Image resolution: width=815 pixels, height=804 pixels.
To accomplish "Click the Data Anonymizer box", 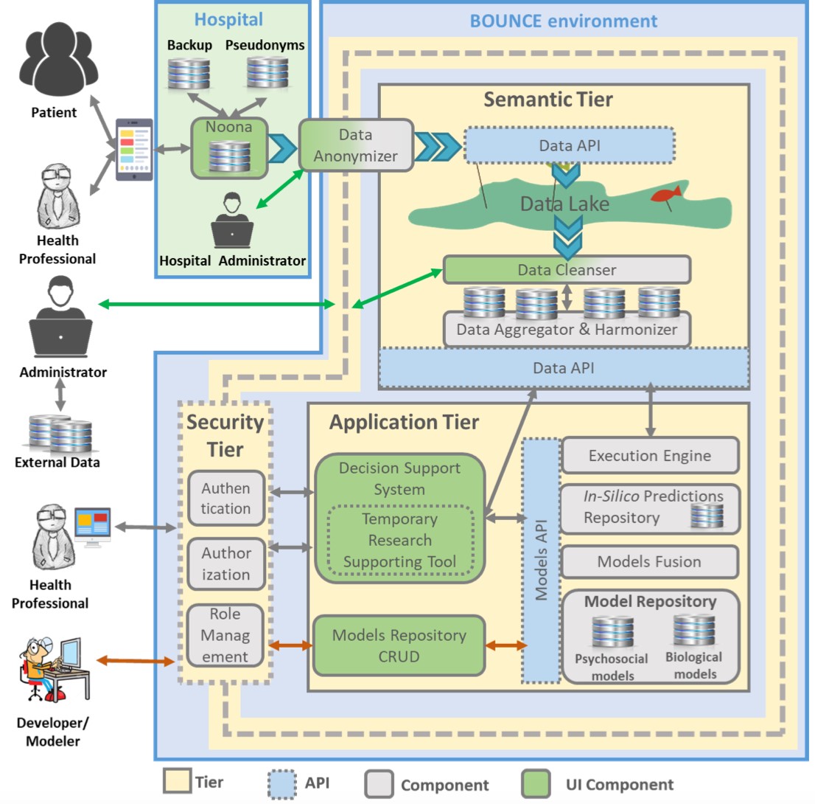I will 356,145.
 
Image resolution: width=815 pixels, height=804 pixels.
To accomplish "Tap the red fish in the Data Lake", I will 666,194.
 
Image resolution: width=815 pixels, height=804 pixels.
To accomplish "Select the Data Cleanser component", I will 566,269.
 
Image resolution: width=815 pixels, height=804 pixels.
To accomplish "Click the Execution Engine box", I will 649,455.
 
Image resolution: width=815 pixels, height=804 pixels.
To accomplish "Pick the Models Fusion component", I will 649,561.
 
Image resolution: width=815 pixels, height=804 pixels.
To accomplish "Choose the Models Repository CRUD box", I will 399,645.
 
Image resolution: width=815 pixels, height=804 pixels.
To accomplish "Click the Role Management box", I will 225,635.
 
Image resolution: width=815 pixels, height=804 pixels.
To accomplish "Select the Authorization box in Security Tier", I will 225,564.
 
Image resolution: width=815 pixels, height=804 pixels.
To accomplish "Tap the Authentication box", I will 225,498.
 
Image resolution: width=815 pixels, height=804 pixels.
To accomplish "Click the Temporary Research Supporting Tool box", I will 400,540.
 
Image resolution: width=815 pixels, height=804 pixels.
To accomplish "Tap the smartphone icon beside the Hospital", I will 134,150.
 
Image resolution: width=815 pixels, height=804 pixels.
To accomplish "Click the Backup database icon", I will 188,72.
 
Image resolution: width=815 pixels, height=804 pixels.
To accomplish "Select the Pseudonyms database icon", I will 267,72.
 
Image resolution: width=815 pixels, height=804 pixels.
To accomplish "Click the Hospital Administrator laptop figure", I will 232,221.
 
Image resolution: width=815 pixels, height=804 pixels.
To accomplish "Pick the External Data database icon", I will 60,434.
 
